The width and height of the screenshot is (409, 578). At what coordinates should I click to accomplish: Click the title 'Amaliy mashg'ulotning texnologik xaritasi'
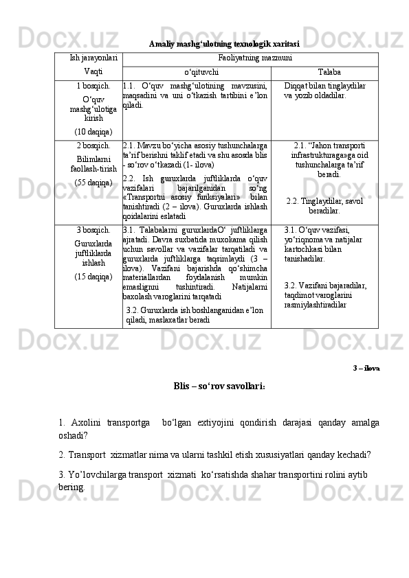click(x=223, y=44)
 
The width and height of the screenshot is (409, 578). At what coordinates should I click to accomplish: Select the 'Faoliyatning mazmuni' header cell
click(x=250, y=59)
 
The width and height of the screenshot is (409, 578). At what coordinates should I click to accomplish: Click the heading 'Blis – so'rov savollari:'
click(x=220, y=385)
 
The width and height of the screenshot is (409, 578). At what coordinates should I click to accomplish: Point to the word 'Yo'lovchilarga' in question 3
click(x=94, y=474)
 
